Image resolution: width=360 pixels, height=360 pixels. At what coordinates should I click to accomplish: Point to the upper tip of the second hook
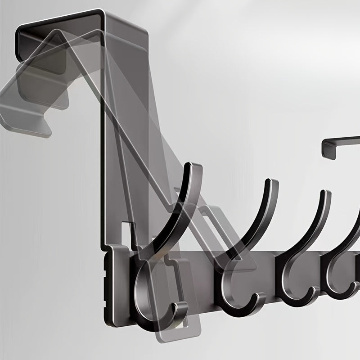[x=272, y=183]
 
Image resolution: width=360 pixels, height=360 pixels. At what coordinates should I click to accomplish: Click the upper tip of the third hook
[x=326, y=194]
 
